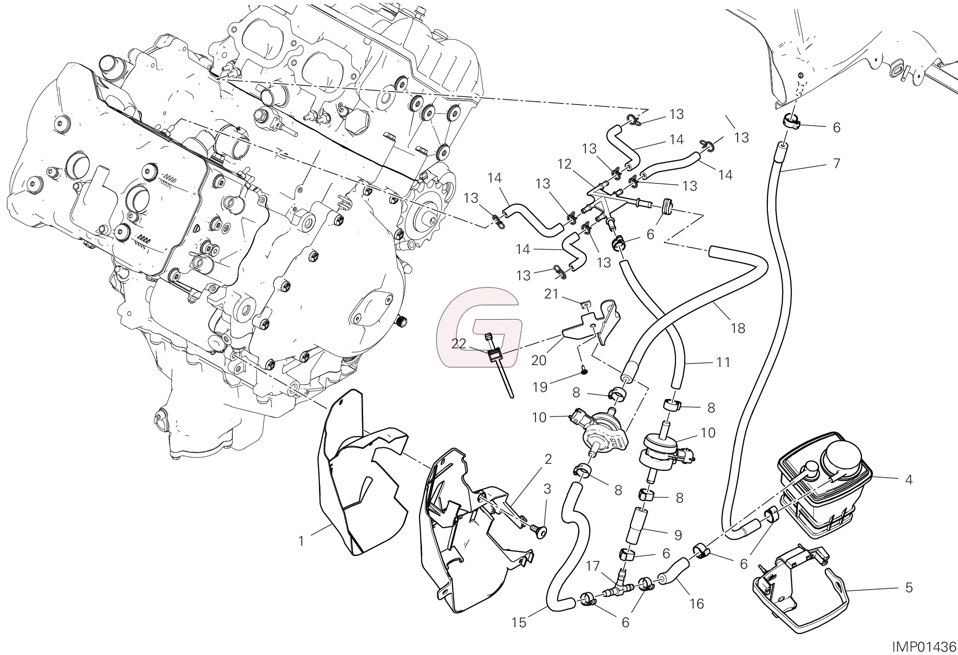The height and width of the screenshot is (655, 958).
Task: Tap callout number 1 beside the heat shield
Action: (301, 541)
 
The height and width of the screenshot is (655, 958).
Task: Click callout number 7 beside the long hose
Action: (836, 163)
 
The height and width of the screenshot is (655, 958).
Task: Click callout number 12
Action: (565, 164)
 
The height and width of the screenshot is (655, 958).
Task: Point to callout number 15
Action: (519, 622)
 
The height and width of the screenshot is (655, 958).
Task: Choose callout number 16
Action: (697, 604)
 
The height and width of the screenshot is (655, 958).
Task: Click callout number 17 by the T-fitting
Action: (593, 566)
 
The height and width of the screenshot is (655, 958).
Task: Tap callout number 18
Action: (738, 328)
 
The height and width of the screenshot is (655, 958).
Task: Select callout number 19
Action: (540, 387)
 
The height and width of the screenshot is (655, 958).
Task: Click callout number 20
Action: (539, 360)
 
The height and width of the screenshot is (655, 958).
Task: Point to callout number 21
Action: (551, 293)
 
